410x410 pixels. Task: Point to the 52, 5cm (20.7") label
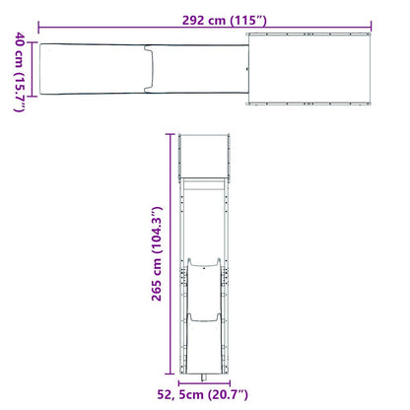(207, 395)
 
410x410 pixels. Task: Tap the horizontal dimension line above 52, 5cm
(207, 380)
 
